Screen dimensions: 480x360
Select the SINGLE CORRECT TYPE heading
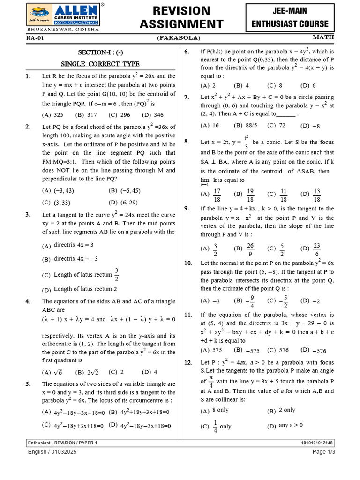tap(100, 64)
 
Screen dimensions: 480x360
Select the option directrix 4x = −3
tap(75, 259)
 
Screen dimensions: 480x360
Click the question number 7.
tap(187, 97)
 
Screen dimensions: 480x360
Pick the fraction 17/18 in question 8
tap(217, 194)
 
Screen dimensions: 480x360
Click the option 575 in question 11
tap(217, 350)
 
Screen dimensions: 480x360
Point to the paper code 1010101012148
tap(317, 442)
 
